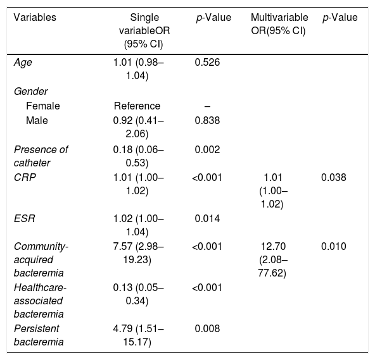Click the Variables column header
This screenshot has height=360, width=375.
35,18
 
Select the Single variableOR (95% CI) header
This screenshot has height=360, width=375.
144,31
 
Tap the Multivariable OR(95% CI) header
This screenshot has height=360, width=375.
279,24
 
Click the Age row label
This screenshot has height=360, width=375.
23,63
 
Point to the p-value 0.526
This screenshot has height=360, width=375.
207,63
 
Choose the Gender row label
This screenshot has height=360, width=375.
30,92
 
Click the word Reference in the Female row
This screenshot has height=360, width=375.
137,106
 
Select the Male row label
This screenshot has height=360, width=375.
37,120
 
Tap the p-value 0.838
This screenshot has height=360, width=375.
207,120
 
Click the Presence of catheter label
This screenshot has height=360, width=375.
41,156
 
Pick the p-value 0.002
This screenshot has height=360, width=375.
207,150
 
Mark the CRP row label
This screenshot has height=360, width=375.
25,178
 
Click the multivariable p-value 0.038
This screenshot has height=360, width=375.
333,178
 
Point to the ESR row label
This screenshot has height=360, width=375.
25,218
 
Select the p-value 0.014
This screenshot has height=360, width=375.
207,218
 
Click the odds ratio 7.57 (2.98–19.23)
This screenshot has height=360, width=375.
138,253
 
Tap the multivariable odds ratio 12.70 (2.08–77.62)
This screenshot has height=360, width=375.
273,259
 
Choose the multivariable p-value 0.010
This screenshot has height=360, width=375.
333,246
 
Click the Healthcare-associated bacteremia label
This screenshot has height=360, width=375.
40,301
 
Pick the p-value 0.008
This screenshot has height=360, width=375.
207,329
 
